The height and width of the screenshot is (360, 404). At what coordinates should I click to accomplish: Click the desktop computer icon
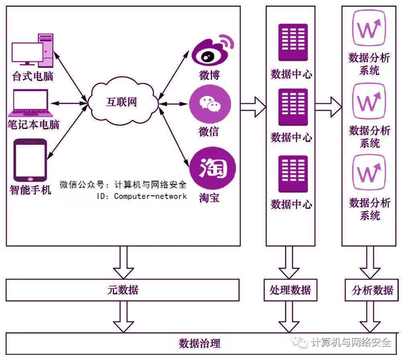point(33,51)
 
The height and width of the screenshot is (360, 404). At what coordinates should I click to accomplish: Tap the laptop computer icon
point(31,103)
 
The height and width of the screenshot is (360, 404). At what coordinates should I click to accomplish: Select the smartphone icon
point(30,161)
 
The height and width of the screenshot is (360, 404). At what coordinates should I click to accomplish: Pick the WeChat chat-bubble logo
point(210,104)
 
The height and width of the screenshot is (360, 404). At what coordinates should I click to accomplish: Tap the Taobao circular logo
point(212,168)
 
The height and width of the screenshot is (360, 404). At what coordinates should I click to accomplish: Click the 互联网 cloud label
point(121,102)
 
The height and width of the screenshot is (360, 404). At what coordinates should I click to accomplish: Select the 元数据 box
point(122,290)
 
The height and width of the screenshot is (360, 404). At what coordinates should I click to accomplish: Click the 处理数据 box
point(290,290)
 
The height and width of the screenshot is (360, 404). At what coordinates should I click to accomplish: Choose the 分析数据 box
point(372,290)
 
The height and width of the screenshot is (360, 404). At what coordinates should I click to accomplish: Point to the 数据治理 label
point(200,343)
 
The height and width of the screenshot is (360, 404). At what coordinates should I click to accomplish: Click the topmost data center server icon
point(293,42)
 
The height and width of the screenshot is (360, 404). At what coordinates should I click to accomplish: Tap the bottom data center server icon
point(293,174)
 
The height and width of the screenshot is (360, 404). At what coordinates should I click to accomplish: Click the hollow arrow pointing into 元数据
point(123,262)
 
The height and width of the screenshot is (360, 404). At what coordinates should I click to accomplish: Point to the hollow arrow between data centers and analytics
point(329,107)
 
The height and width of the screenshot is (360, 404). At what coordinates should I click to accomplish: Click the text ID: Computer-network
point(142,196)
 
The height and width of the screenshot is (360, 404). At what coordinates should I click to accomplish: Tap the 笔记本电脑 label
point(33,125)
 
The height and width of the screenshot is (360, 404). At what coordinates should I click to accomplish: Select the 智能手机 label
point(31,190)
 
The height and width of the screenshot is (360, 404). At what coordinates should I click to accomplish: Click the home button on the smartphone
point(30,179)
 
